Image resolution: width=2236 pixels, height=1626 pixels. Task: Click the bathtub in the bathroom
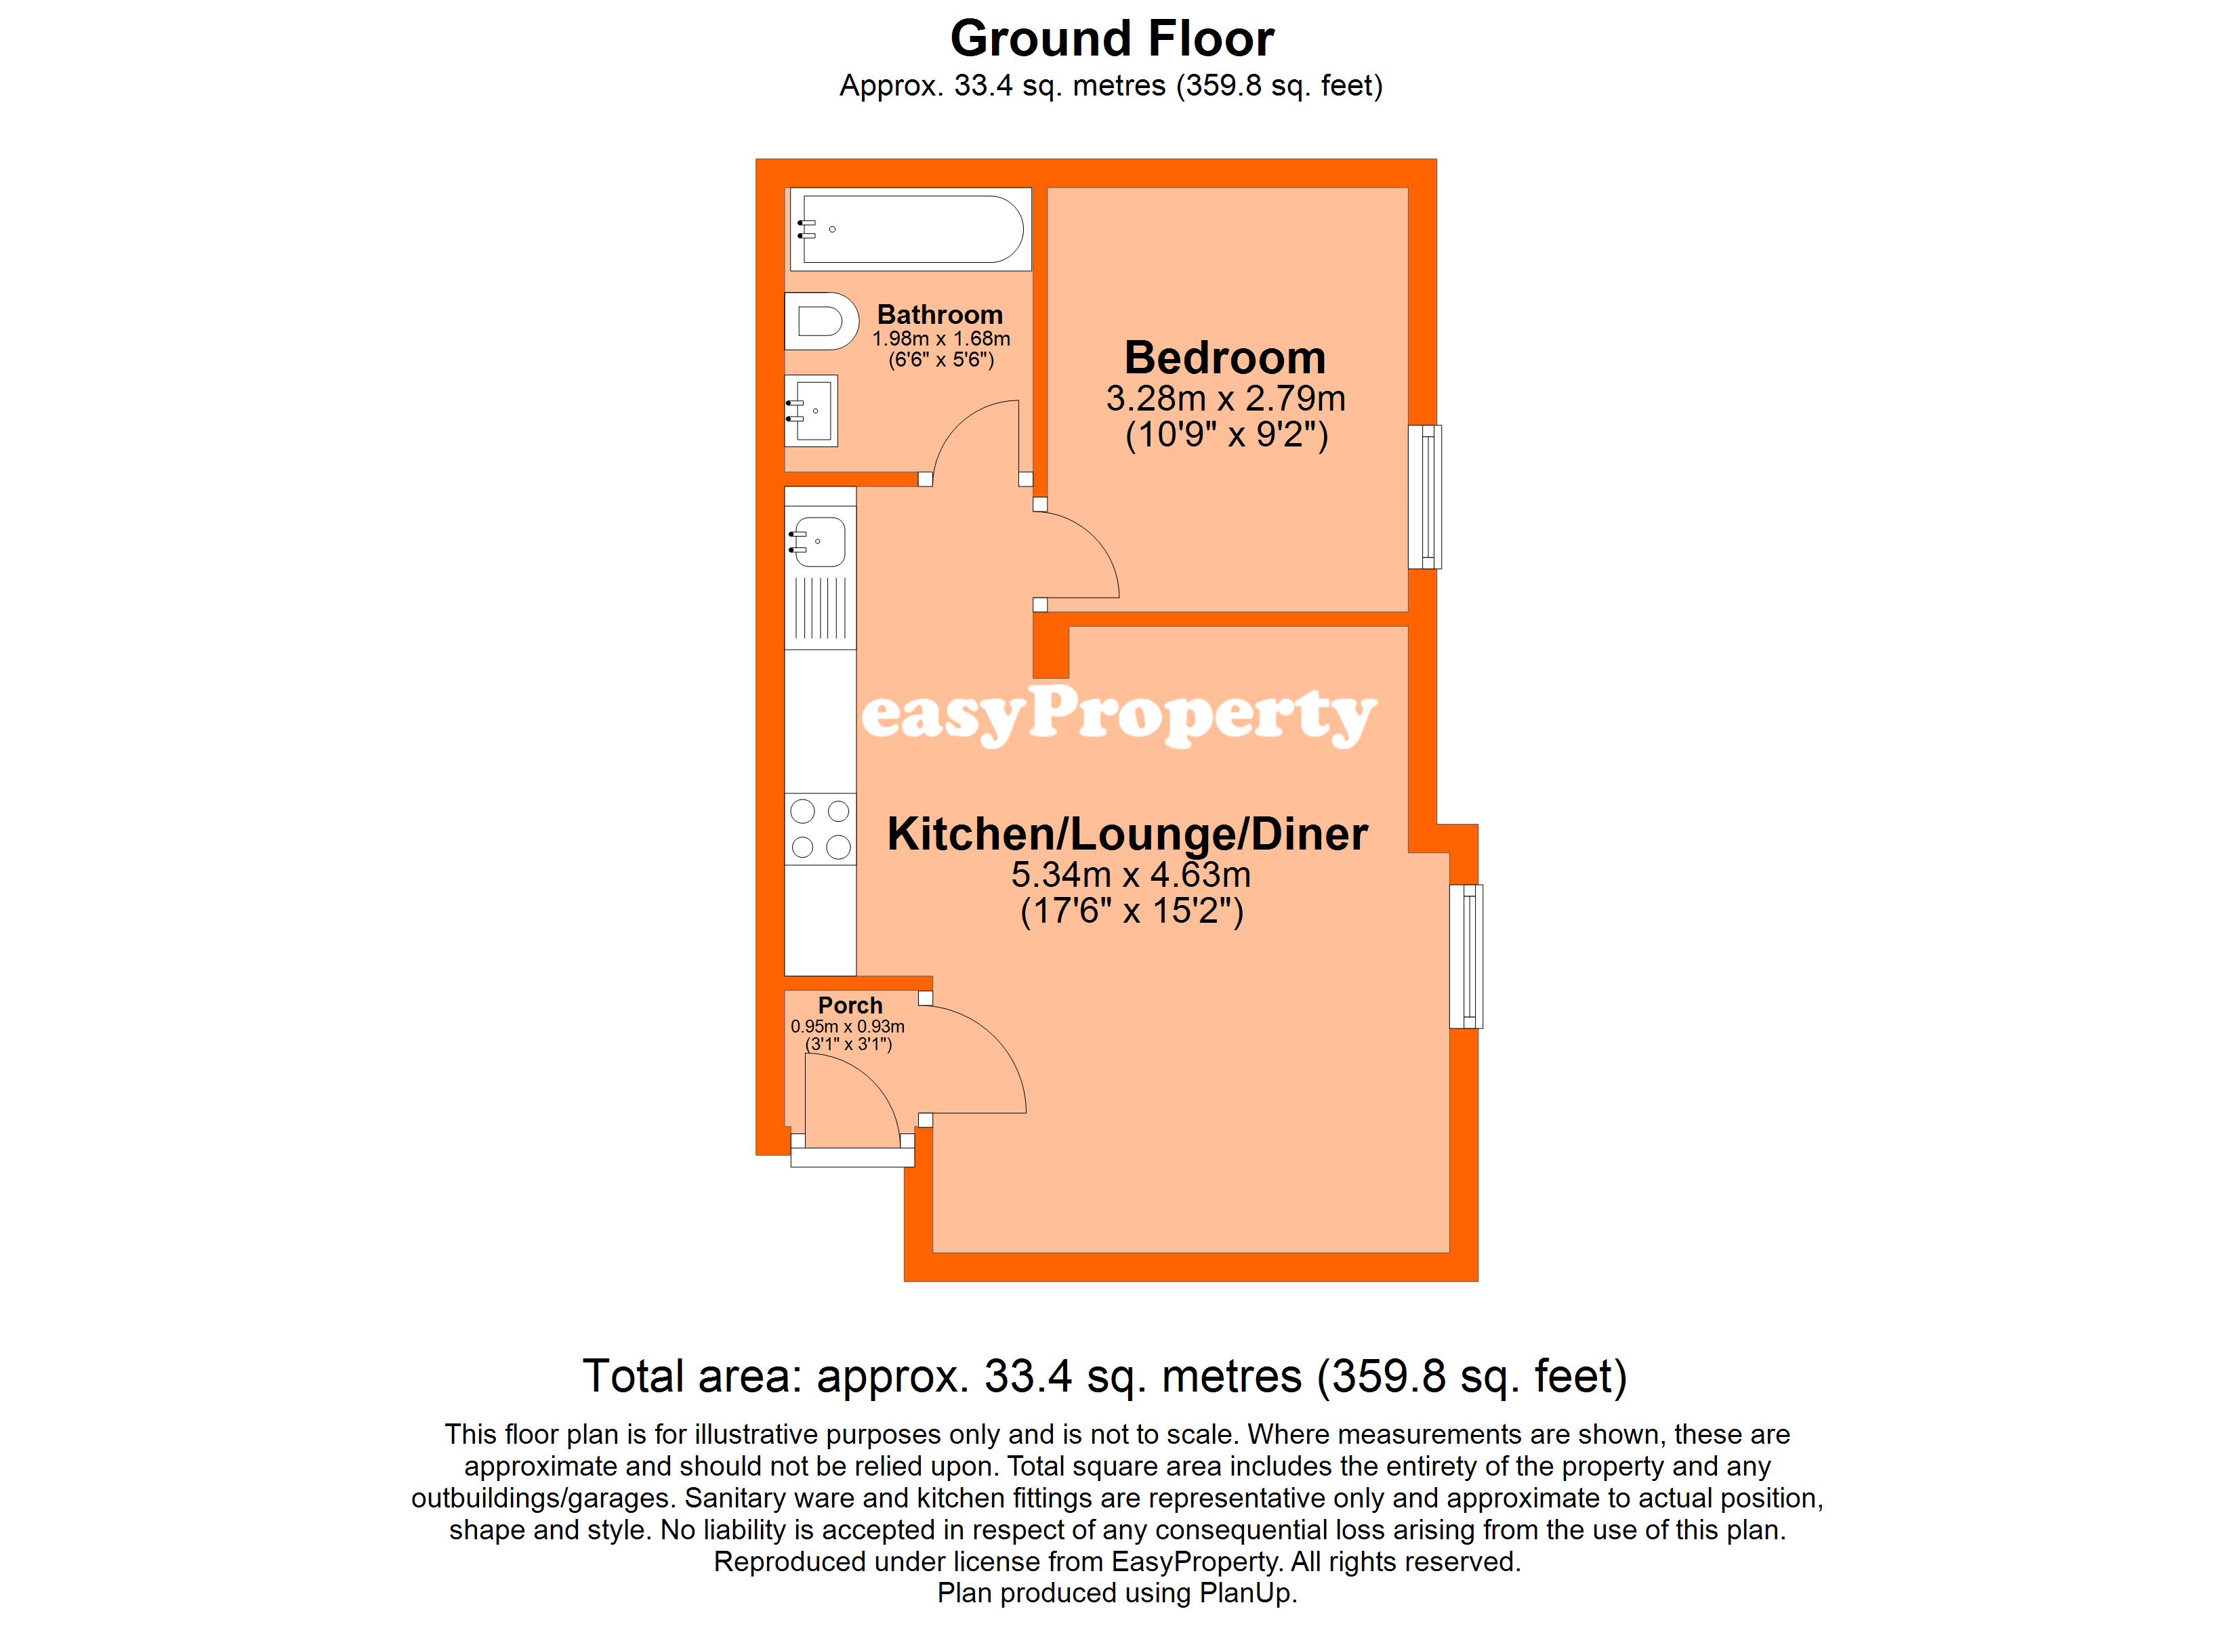(x=910, y=229)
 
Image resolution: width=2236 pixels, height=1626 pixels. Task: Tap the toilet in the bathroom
(x=821, y=321)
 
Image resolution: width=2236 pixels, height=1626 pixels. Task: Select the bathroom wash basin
(x=810, y=410)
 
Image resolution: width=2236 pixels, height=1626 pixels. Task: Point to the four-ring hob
(x=821, y=829)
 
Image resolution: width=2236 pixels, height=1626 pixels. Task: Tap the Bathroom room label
(x=940, y=314)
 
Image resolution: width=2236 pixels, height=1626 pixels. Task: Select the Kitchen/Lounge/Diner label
(x=1127, y=834)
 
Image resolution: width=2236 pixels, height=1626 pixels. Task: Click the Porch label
(x=850, y=1005)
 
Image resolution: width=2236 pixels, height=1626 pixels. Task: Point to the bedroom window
(x=1425, y=497)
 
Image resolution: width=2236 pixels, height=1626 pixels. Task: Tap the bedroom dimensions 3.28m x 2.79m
(x=1226, y=398)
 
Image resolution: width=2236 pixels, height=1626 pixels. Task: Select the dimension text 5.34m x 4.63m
(x=1131, y=875)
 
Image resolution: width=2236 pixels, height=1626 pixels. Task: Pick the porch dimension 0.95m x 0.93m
(x=847, y=1026)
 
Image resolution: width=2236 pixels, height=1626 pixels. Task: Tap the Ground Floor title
(x=1112, y=39)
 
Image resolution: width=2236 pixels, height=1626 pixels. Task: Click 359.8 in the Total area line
(x=1389, y=1375)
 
